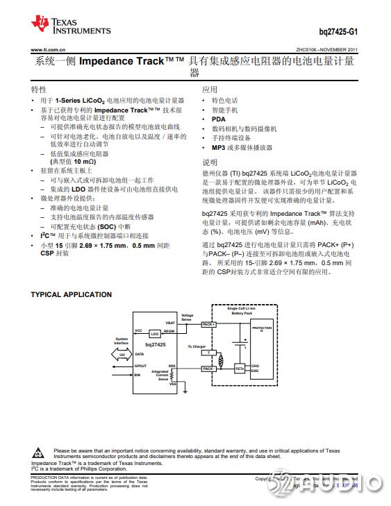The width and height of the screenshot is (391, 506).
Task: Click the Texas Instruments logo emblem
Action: click(x=40, y=25)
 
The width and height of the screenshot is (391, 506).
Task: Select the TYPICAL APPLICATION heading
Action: click(x=71, y=294)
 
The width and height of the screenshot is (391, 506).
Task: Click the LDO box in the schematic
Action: click(x=154, y=334)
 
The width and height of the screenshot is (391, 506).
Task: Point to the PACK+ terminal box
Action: click(x=208, y=324)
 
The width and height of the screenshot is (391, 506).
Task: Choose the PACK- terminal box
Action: click(x=208, y=369)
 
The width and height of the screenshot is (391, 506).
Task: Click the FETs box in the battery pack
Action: click(x=240, y=368)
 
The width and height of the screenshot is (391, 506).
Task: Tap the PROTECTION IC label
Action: click(x=262, y=328)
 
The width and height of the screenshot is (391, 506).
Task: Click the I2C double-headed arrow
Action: click(x=122, y=354)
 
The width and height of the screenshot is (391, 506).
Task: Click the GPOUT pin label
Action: click(x=141, y=366)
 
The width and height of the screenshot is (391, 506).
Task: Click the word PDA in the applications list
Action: click(x=218, y=119)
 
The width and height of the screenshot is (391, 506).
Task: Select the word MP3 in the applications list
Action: click(x=219, y=148)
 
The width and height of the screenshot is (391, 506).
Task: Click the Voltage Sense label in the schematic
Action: click(x=188, y=317)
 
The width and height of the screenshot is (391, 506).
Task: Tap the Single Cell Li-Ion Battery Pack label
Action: click(x=242, y=313)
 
